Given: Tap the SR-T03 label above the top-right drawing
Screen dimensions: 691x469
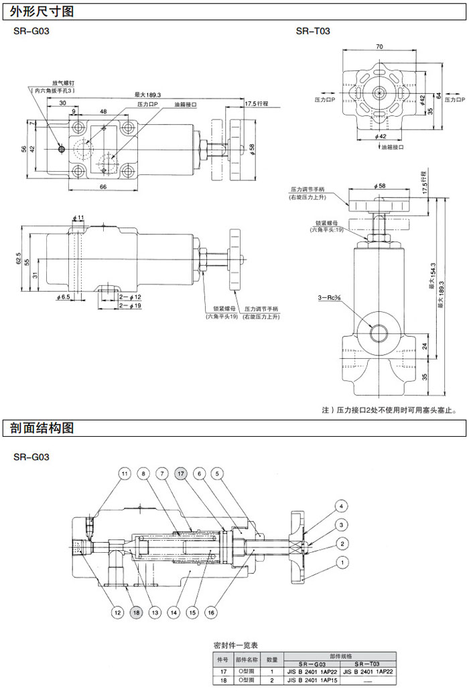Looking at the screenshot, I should (313, 31).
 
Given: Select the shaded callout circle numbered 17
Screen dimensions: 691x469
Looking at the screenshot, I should (181, 474).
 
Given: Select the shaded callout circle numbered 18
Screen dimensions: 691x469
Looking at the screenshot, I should (136, 612).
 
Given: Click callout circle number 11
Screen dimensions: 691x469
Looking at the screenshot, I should (125, 474).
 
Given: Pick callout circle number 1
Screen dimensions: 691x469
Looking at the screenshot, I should (342, 562).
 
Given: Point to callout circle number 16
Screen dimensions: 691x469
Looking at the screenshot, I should (210, 612).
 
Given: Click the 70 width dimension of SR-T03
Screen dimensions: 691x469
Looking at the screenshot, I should (379, 47).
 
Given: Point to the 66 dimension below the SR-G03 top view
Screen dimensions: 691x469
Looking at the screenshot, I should (104, 187).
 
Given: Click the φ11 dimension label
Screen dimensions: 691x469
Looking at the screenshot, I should (78, 218).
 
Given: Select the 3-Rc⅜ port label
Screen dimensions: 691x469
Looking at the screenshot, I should (332, 297).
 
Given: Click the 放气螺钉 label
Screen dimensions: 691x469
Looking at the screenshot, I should (62, 83).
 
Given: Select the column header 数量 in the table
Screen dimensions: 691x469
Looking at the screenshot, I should (272, 659).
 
